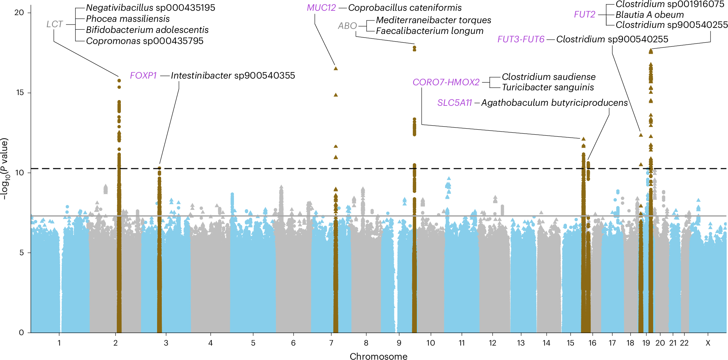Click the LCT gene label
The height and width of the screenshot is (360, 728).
pyautogui.click(x=55, y=24)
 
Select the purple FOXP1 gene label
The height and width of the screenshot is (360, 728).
pyautogui.click(x=143, y=76)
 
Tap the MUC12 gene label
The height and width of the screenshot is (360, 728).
pyautogui.click(x=321, y=8)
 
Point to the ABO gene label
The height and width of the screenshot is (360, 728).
pyautogui.click(x=347, y=26)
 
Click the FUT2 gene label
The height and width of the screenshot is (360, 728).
pyautogui.click(x=584, y=14)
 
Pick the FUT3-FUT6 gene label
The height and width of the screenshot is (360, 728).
pyautogui.click(x=521, y=39)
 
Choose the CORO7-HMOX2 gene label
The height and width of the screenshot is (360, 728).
pyautogui.click(x=446, y=82)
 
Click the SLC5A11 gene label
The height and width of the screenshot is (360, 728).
pyautogui.click(x=454, y=103)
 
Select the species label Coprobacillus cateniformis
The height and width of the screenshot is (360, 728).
pyautogui.click(x=405, y=8)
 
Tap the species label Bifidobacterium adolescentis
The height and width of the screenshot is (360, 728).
pyautogui.click(x=147, y=30)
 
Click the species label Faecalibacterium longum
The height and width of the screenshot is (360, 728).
pyautogui.click(x=430, y=31)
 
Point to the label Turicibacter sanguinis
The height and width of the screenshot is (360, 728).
pyautogui.click(x=548, y=87)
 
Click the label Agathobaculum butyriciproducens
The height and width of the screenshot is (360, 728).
pyautogui.click(x=554, y=103)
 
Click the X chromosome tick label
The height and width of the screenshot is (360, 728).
pyautogui.click(x=708, y=343)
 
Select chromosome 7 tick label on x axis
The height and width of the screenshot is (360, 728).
pyautogui.click(x=331, y=343)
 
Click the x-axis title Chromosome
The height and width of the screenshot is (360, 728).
pyautogui.click(x=378, y=356)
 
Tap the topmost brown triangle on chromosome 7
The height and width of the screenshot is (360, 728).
pyautogui.click(x=336, y=69)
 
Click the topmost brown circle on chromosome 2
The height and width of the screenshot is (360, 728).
pyautogui.click(x=119, y=81)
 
